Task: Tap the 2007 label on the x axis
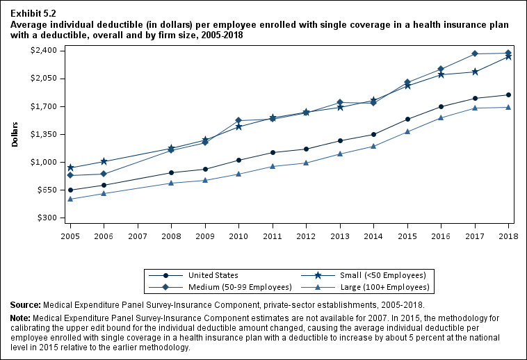point(138,236)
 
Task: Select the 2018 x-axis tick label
point(509,236)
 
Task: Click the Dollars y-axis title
point(15,133)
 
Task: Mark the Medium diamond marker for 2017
point(475,54)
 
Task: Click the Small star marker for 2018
point(509,56)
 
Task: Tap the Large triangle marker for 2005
point(70,199)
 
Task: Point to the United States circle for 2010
point(239,161)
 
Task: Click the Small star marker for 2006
point(104,161)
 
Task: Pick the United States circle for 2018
point(509,95)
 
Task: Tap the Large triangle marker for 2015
point(407,131)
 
